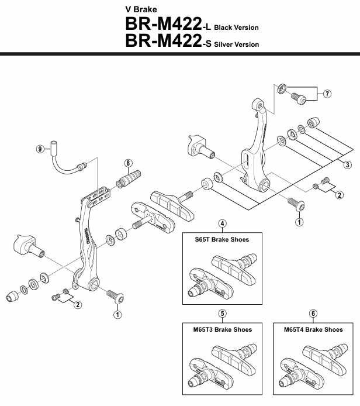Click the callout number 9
(x=40, y=149)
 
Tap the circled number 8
(x=129, y=163)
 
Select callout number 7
(x=327, y=94)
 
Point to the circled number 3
(x=348, y=164)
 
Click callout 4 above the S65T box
(x=222, y=223)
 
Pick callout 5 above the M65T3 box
(x=222, y=314)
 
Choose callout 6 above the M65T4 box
(x=313, y=314)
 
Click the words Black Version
(x=236, y=27)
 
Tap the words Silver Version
(x=236, y=44)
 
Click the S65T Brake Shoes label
(x=222, y=239)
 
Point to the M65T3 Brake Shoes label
(x=222, y=329)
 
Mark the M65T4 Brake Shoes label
(x=313, y=329)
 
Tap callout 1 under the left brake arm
(x=118, y=314)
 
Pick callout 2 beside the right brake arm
(x=339, y=195)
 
